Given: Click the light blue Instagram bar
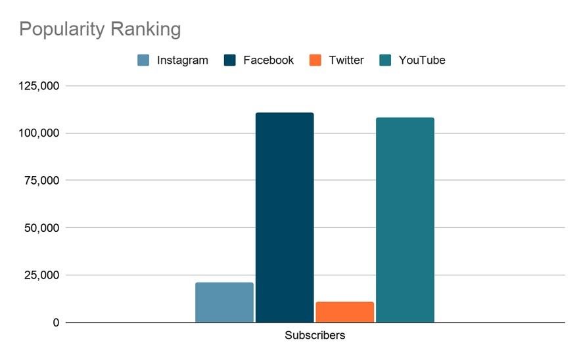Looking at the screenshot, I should pyautogui.click(x=224, y=302).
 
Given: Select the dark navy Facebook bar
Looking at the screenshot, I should pyautogui.click(x=285, y=217).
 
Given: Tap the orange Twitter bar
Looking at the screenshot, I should pyautogui.click(x=344, y=312).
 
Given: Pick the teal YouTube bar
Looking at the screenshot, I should pyautogui.click(x=405, y=220).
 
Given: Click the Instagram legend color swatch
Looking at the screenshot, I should pyautogui.click(x=143, y=60).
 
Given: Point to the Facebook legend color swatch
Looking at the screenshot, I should pyautogui.click(x=229, y=60).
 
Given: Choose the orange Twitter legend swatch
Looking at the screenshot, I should pyautogui.click(x=316, y=60).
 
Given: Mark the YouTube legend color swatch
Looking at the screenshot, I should pyautogui.click(x=386, y=60).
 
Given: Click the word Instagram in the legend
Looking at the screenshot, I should pyautogui.click(x=182, y=60).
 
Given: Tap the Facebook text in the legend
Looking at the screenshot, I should pyautogui.click(x=268, y=60).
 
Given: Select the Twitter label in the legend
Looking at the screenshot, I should pyautogui.click(x=346, y=60).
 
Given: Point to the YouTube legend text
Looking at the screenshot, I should pyautogui.click(x=422, y=60).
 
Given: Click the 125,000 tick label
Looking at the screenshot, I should pyautogui.click(x=39, y=86).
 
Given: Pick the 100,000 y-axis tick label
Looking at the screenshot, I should pyautogui.click(x=39, y=133).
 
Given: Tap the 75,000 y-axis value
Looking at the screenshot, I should pyautogui.click(x=42, y=181).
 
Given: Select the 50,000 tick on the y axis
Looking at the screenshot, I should pyautogui.click(x=42, y=228).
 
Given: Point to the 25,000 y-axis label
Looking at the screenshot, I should pyautogui.click(x=42, y=275).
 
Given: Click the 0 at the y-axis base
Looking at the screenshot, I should pyautogui.click(x=56, y=323).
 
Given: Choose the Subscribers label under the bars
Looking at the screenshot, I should pyautogui.click(x=315, y=336).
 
